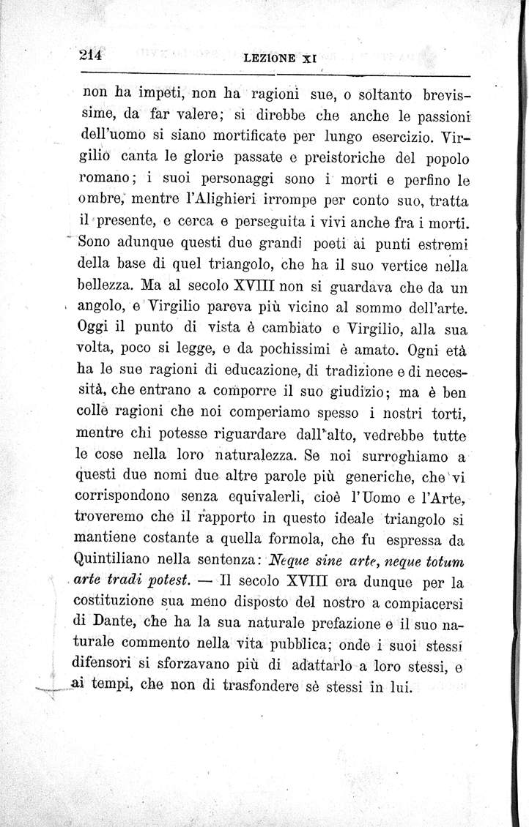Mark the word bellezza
(x=113, y=283)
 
